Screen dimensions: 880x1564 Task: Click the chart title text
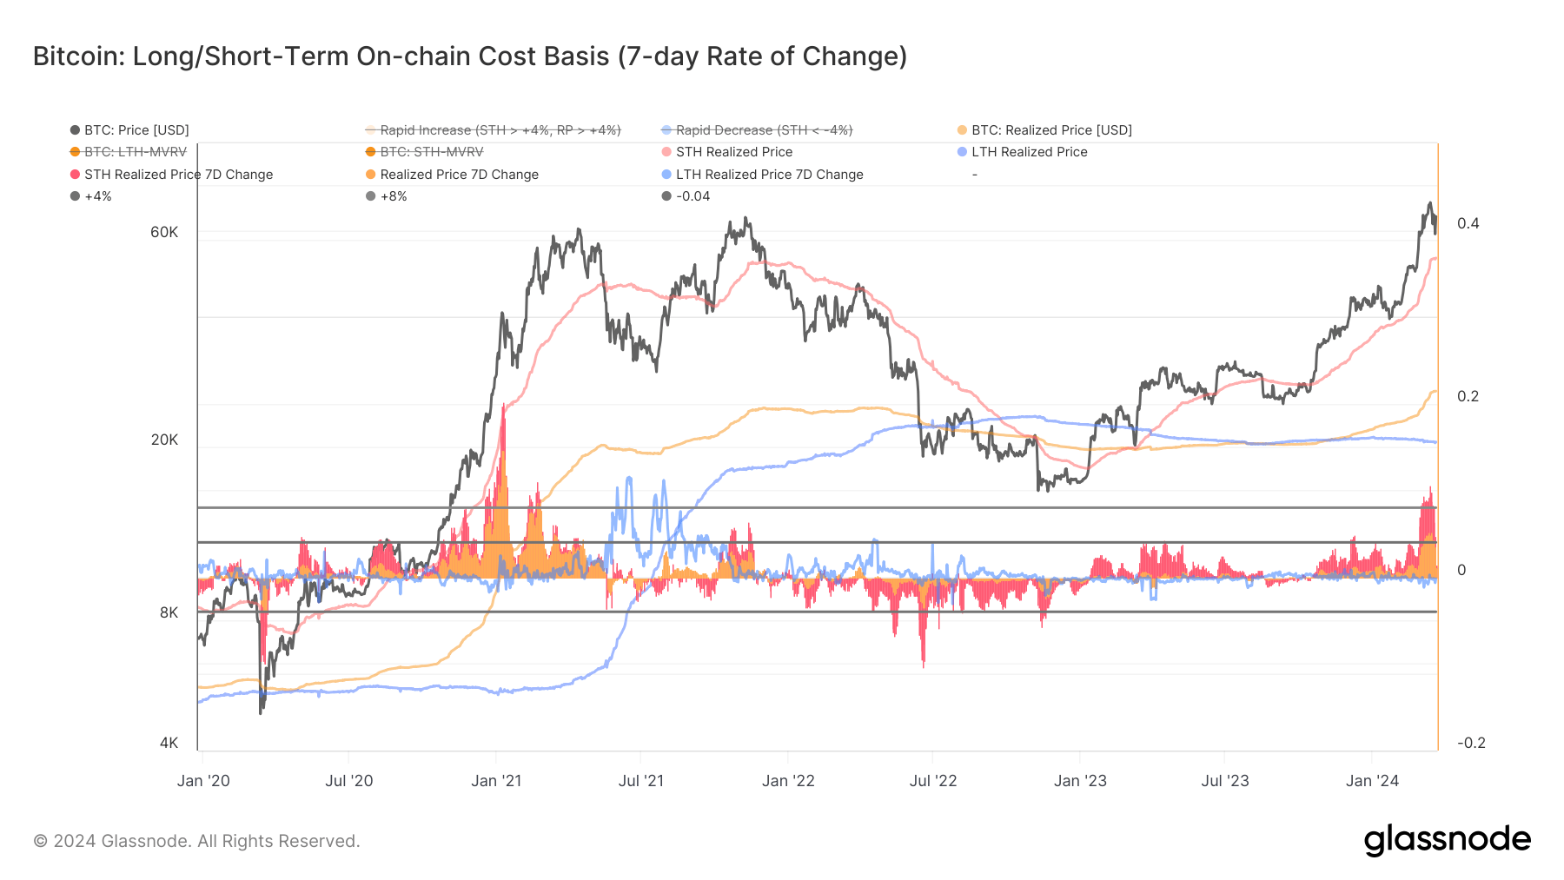pyautogui.click(x=469, y=56)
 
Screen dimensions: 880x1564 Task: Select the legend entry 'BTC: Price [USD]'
pyautogui.click(x=136, y=130)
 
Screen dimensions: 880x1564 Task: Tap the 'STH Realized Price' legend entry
pyautogui.click(x=733, y=152)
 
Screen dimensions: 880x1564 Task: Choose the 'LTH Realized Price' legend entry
pyautogui.click(x=1029, y=152)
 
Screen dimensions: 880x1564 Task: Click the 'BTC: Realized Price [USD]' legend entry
pyautogui.click(x=1050, y=130)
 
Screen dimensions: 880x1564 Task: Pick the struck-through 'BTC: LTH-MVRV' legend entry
pyautogui.click(x=135, y=152)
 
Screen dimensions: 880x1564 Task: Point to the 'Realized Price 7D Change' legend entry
pyautogui.click(x=459, y=175)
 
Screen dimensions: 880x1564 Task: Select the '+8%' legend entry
pyautogui.click(x=393, y=196)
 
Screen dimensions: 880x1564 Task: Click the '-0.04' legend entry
pyautogui.click(x=693, y=196)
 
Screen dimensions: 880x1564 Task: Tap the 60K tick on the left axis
pyautogui.click(x=164, y=232)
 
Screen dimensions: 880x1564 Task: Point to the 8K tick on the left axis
pyautogui.click(x=169, y=612)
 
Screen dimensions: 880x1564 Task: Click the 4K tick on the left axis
pyautogui.click(x=169, y=743)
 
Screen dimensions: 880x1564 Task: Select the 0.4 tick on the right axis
pyautogui.click(x=1468, y=223)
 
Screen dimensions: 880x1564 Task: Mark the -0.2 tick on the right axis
pyautogui.click(x=1471, y=743)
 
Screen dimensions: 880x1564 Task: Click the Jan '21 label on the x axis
pyautogui.click(x=496, y=781)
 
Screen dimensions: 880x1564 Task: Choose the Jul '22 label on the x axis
pyautogui.click(x=932, y=781)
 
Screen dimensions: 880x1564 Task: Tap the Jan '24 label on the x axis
pyautogui.click(x=1372, y=781)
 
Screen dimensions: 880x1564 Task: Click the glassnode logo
pyautogui.click(x=1447, y=840)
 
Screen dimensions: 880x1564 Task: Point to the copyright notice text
pyautogui.click(x=196, y=841)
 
